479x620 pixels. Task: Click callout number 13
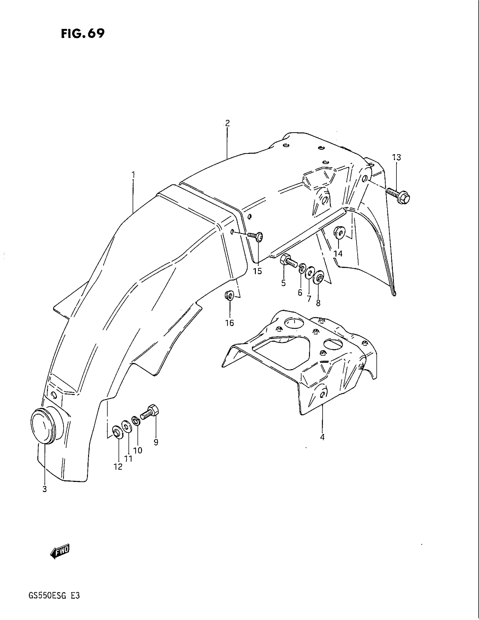[x=396, y=157]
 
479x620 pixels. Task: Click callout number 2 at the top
[x=227, y=123]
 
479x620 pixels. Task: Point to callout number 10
[x=138, y=451]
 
